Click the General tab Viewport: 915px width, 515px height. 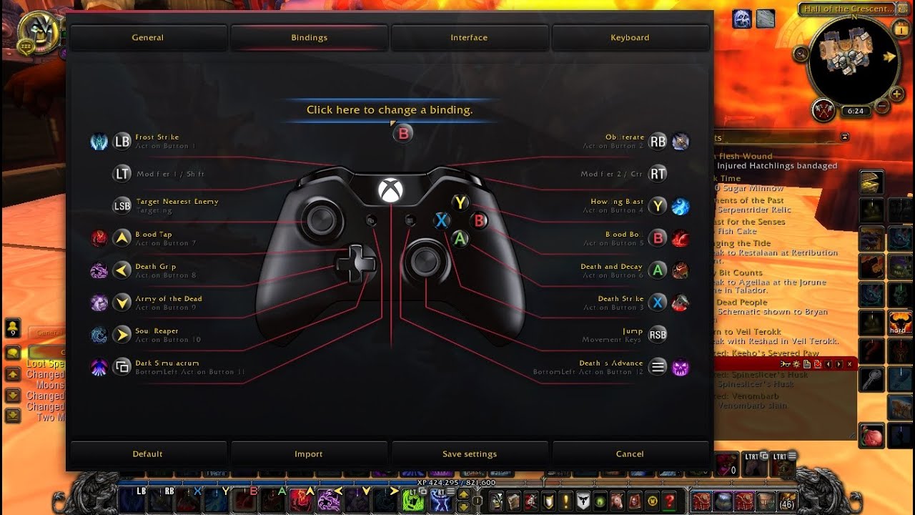pos(148,37)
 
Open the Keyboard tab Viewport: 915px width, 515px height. pos(630,37)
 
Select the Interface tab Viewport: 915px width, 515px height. pos(469,37)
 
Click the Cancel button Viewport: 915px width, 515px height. pos(630,453)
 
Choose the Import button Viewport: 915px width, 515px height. pos(309,453)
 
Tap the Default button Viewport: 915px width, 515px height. pos(148,453)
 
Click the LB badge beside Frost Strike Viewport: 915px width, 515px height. pos(122,142)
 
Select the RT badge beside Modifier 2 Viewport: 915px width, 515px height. pos(658,174)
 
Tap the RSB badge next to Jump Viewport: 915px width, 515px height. pos(658,335)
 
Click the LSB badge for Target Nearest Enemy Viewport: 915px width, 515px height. pos(122,206)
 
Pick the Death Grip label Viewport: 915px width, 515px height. pos(156,267)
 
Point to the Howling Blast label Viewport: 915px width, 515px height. pos(617,202)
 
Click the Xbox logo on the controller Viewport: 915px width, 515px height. pos(390,190)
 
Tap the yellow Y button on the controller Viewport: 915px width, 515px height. pos(461,203)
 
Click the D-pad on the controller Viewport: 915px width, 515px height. pos(356,263)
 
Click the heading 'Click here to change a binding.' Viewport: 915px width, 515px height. pos(390,110)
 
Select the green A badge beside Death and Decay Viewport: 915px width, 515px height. pos(658,270)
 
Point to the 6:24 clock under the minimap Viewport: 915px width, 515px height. pos(855,112)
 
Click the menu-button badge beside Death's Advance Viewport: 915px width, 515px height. pos(658,367)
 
